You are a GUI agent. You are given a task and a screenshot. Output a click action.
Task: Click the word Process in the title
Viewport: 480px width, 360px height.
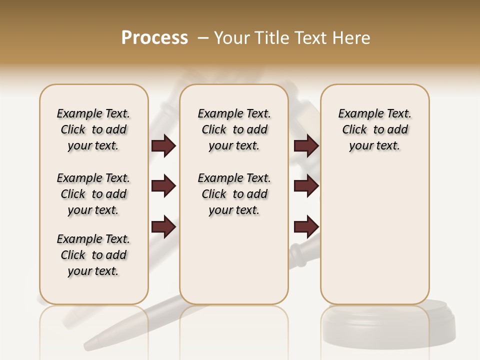point(154,38)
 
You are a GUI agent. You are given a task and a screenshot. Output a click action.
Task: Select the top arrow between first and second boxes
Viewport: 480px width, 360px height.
point(163,146)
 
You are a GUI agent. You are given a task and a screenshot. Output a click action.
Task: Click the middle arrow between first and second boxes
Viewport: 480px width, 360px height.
point(163,186)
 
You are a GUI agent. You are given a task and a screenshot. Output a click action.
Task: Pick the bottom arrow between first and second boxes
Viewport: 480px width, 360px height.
point(163,227)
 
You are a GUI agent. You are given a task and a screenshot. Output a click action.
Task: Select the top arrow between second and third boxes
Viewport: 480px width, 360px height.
point(306,146)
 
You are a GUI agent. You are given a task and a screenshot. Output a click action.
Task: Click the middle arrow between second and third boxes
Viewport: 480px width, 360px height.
point(306,186)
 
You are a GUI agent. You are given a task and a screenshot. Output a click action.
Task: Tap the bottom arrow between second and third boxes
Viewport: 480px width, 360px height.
point(306,227)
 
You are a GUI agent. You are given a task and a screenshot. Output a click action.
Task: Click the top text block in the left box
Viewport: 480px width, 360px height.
point(93,129)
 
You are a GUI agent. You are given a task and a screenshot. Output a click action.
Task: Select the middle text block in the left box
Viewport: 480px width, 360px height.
point(93,194)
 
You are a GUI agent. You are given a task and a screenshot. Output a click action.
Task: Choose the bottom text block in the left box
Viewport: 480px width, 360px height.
point(93,255)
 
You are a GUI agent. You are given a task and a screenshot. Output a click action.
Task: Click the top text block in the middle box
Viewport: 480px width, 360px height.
point(234,129)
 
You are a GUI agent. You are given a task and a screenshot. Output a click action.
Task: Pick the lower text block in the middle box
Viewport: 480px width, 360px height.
point(234,194)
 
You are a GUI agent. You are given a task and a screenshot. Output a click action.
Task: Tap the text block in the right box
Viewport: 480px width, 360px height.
point(375,129)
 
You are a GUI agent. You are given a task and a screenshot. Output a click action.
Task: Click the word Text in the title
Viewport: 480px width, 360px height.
point(309,38)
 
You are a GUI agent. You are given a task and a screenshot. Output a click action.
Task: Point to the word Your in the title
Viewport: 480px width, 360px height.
point(229,38)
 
